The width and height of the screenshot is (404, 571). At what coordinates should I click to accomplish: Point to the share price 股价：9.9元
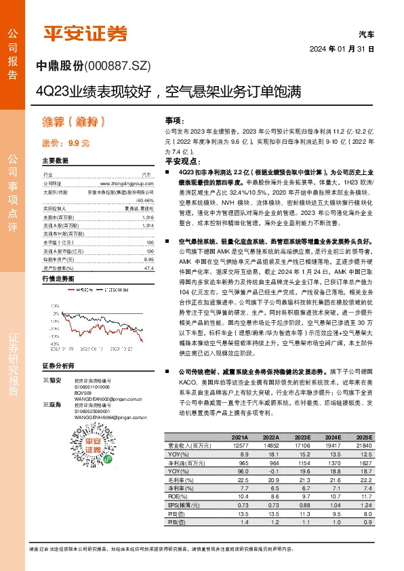pyautogui.click(x=65, y=143)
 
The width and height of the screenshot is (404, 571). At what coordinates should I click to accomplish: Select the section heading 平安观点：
pyautogui.click(x=183, y=163)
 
